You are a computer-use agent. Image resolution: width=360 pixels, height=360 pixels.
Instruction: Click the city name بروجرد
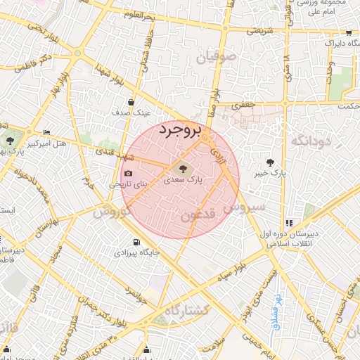coord(181,131)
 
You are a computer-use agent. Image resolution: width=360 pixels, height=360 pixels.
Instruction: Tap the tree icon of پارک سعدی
coord(183,169)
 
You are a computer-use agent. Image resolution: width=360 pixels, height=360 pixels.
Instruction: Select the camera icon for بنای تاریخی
coord(128,174)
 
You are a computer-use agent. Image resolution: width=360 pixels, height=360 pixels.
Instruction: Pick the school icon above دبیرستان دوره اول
coord(290,223)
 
